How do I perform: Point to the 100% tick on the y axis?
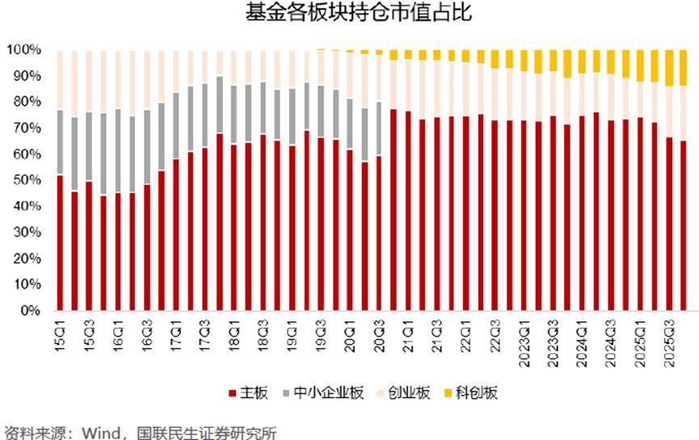point(23,50)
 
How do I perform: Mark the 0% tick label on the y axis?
point(29,311)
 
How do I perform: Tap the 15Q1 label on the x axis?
point(61,332)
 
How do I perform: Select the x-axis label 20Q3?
point(379,332)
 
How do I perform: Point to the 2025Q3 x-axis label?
point(668,340)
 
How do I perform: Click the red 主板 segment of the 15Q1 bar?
point(60,242)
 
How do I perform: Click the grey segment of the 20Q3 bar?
point(379,128)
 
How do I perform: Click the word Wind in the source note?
point(97,432)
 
